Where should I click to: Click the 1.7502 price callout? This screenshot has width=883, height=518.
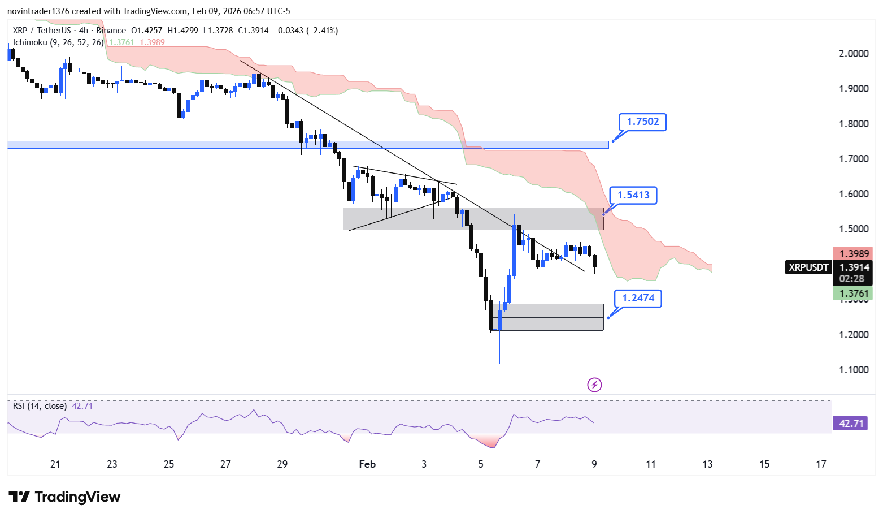643,122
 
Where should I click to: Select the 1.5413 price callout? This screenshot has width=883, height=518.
633,195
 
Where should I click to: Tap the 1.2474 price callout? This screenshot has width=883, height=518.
638,298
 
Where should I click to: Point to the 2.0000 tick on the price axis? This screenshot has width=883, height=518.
854,54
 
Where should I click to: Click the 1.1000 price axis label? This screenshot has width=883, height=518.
854,370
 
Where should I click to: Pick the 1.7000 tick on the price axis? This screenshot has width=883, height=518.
854,159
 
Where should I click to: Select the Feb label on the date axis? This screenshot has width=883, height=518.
367,464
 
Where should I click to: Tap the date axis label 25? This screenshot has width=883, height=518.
169,464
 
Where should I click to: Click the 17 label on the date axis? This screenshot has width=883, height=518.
821,464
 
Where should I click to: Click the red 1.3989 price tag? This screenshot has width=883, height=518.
854,254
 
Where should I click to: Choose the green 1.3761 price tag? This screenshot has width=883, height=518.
854,293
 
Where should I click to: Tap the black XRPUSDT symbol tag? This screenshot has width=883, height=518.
808,267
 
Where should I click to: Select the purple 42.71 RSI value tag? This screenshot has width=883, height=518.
851,424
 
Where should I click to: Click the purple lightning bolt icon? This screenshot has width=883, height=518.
594,385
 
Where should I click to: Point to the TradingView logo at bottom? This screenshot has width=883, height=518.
64,497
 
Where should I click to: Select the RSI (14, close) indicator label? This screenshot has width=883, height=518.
40,406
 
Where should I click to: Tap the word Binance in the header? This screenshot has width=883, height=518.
111,31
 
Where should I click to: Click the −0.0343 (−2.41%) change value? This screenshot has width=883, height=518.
306,31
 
